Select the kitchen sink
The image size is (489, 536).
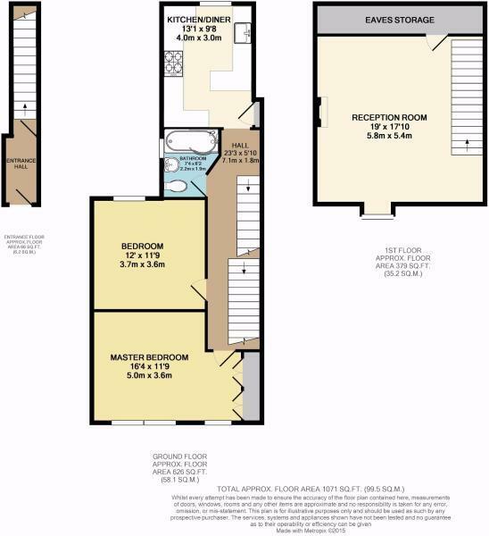click(x=244, y=33)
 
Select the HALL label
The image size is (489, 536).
click(x=240, y=145)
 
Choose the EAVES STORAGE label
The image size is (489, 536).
click(x=398, y=20)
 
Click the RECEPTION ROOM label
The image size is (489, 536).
click(x=389, y=117)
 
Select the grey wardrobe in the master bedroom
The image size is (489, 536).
click(x=250, y=385)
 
